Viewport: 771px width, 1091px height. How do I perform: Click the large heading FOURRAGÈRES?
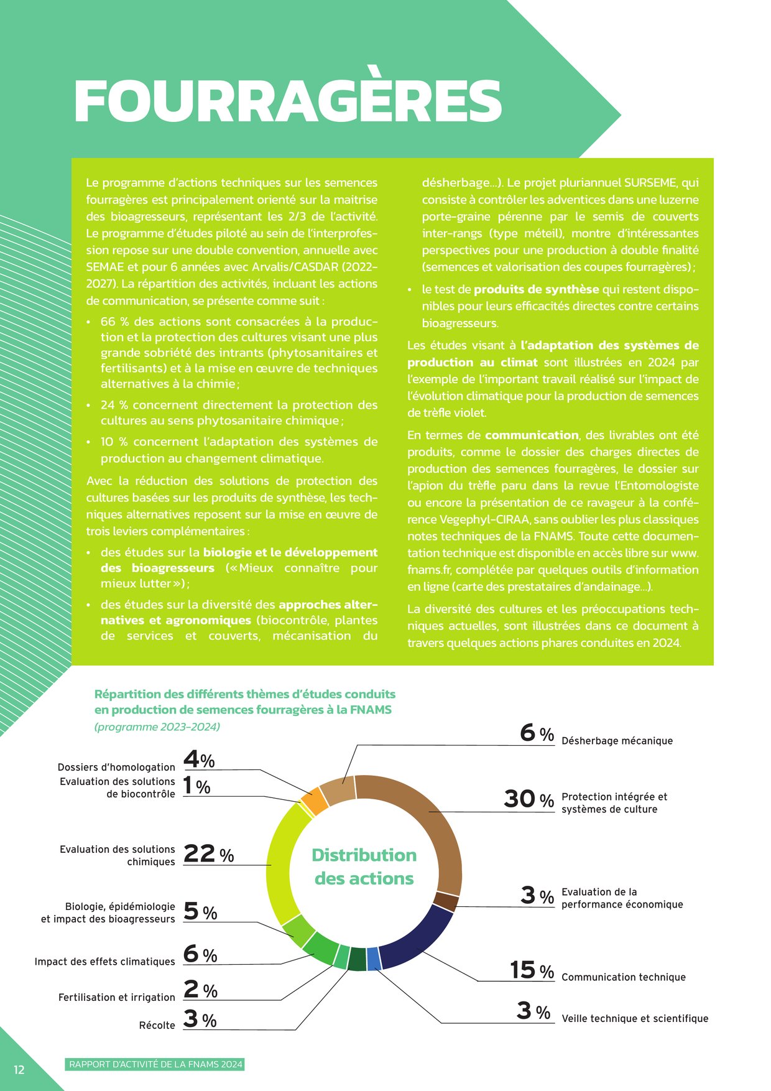coord(287,101)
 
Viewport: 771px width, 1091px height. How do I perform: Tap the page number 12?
coord(19,1069)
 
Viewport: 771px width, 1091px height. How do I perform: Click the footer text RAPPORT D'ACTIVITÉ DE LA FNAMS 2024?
coord(155,1064)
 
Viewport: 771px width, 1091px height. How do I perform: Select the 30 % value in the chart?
coord(529,799)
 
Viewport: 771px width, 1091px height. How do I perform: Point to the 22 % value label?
coord(208,853)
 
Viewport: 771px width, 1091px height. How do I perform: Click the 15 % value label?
coord(532,970)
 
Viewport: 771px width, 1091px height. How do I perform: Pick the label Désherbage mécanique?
coord(617,741)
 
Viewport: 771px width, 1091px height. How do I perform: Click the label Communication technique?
coord(623,977)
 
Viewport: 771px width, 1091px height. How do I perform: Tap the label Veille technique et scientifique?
coord(635,1018)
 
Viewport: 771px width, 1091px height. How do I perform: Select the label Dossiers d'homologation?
coord(116,767)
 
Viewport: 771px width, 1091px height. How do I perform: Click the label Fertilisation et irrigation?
coord(117,997)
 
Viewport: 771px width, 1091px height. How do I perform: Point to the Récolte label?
coord(157,1025)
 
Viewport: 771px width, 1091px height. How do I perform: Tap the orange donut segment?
coord(315,801)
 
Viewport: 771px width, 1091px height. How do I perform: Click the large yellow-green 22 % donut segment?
coord(279,865)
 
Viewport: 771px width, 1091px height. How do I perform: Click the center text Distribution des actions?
coord(364,866)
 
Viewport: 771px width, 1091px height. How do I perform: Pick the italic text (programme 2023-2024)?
coord(157,727)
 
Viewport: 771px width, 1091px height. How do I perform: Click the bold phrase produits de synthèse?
coord(536,289)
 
